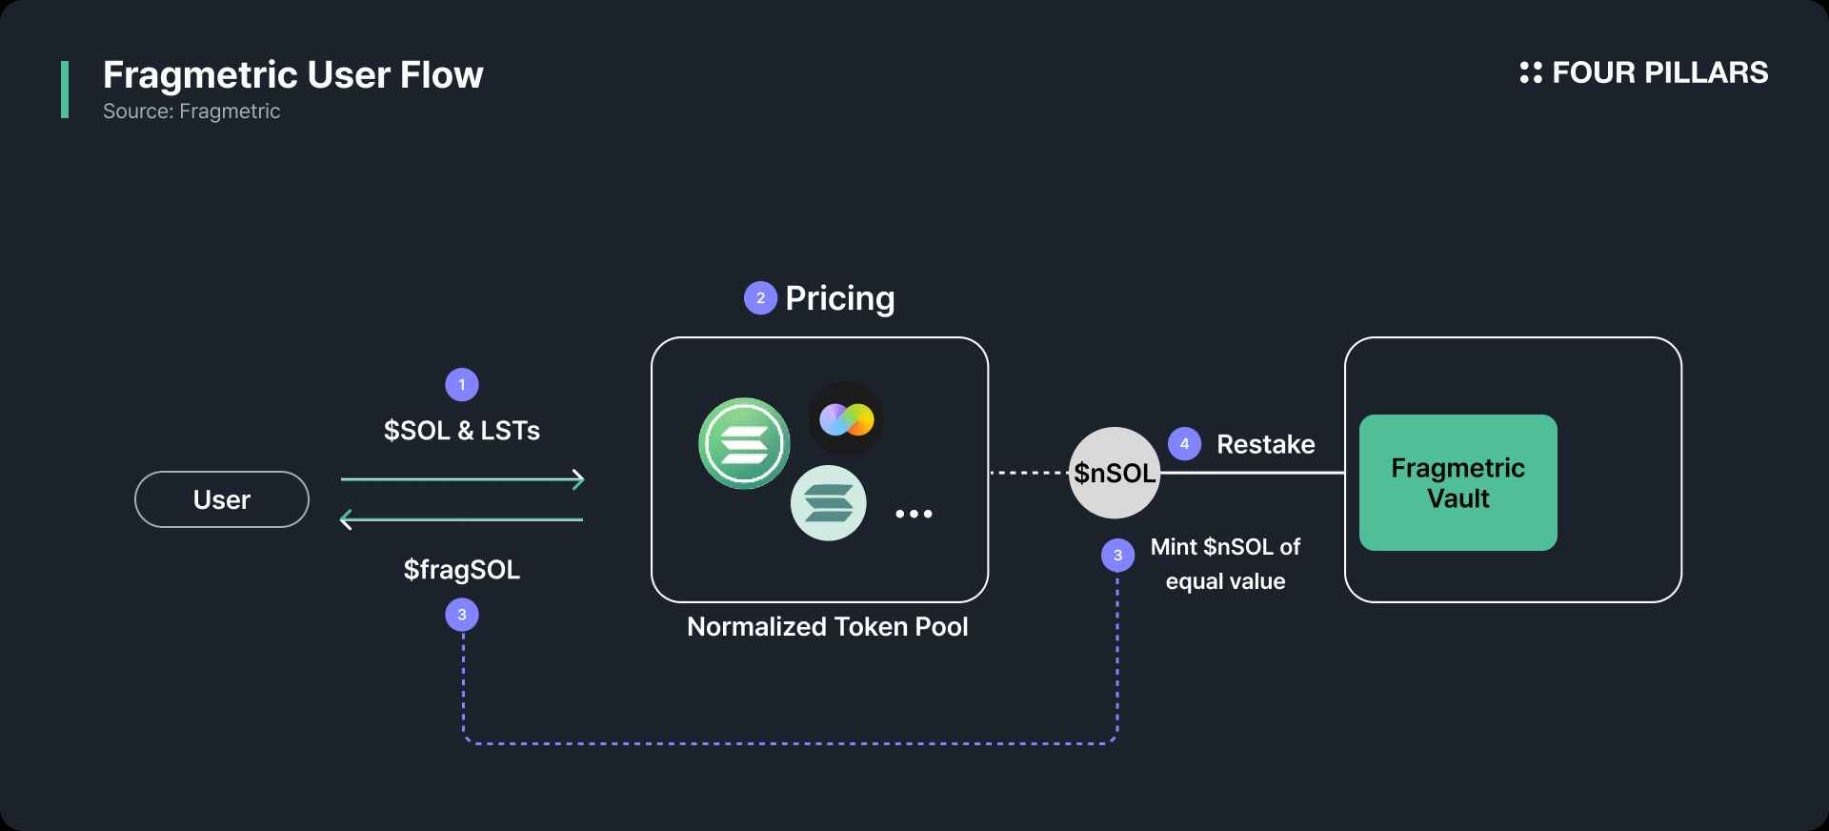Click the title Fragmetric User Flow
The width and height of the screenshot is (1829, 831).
293,75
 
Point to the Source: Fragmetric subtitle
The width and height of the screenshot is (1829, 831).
191,111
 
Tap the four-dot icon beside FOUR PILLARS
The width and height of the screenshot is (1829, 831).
1531,72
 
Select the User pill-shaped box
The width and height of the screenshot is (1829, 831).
222,499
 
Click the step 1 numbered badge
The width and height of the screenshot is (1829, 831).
462,385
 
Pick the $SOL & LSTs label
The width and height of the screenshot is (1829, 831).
462,431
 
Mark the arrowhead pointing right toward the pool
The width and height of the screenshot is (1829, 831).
578,479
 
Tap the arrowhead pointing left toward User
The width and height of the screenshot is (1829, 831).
347,519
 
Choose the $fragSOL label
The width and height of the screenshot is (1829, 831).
462,570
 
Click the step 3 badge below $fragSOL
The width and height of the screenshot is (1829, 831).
462,615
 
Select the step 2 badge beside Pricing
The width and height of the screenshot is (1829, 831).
760,298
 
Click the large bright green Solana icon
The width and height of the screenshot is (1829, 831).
744,443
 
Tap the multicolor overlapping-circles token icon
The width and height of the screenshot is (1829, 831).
846,419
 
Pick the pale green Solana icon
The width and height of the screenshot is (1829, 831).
829,503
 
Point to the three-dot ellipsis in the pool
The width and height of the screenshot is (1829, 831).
914,515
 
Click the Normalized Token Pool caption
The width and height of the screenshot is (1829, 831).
828,627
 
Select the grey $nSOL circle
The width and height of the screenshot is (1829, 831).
1115,473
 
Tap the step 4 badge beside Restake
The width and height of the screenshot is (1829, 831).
1184,443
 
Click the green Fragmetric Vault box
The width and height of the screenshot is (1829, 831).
1458,482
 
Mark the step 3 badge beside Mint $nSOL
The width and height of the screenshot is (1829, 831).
1117,556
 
